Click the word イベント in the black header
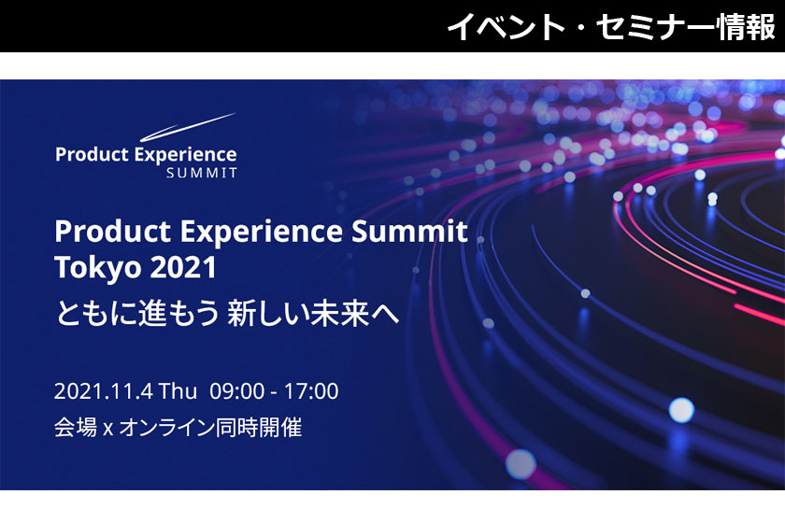[506, 27]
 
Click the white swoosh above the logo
[187, 127]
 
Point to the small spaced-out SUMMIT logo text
[202, 173]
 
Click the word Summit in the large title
[409, 232]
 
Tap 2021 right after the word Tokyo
[183, 267]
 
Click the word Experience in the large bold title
[262, 233]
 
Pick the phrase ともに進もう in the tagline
[137, 314]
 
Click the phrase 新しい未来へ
[313, 314]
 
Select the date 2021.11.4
[103, 391]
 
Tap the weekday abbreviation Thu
[178, 391]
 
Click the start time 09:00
[236, 391]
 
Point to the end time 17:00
[311, 391]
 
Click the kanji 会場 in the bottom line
[76, 428]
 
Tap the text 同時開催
[259, 428]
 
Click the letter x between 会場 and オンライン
[107, 430]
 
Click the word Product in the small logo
[93, 154]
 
